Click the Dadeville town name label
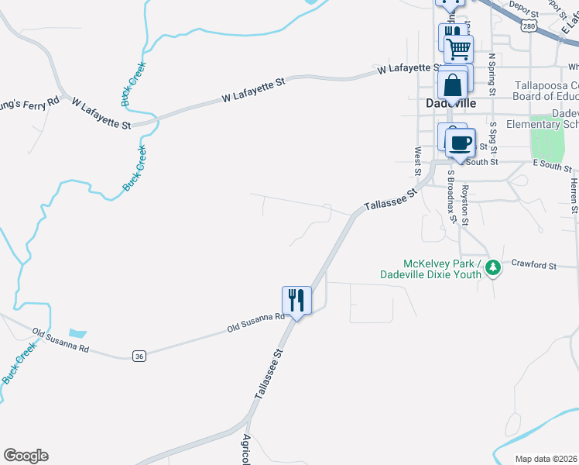pos(451,103)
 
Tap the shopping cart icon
pos(459,49)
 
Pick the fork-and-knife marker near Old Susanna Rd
pos(296,299)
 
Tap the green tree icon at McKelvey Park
pos(492,268)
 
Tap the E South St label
pos(552,164)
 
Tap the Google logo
pos(26,456)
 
